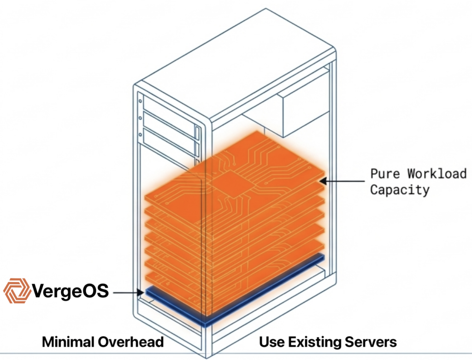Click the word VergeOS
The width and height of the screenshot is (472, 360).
click(71, 291)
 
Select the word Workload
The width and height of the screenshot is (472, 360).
click(437, 174)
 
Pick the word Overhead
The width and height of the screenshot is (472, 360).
click(133, 342)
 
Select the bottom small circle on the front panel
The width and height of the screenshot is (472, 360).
click(140, 135)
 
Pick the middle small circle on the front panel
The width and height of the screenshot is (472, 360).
click(140, 117)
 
